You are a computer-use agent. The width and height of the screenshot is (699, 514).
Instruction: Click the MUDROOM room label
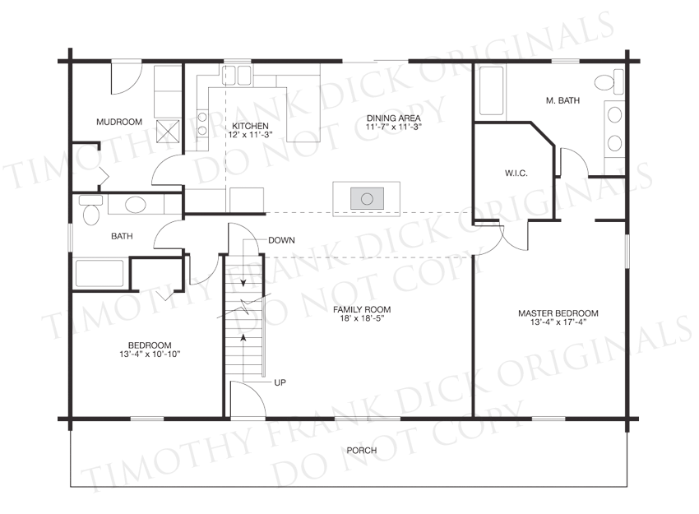[x=119, y=122]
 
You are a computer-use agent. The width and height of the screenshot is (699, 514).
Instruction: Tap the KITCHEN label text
[x=250, y=126]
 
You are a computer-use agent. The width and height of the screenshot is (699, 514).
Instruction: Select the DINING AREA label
[x=394, y=118]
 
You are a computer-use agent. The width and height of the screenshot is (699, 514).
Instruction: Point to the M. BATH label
[x=562, y=101]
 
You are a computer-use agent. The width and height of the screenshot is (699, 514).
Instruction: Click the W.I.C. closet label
[x=516, y=173]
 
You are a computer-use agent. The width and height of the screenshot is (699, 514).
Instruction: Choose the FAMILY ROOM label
[x=362, y=309]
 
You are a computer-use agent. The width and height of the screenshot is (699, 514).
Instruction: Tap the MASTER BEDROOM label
[x=558, y=313]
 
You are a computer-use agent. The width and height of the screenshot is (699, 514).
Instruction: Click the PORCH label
[x=362, y=450]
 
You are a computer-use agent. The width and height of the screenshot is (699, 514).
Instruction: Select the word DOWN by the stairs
[x=281, y=240]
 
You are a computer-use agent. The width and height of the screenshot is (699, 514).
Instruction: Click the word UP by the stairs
[x=280, y=382]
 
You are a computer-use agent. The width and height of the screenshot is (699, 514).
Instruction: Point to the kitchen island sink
[x=367, y=198]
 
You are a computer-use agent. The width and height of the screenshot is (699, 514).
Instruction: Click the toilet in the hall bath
[x=91, y=210]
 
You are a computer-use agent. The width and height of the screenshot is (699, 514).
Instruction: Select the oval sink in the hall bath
[x=136, y=205]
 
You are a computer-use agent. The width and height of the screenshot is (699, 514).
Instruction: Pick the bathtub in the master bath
[x=491, y=90]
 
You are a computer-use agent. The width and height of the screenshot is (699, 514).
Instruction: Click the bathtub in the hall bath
[x=100, y=274]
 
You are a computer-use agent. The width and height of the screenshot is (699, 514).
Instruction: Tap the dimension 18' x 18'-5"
[x=362, y=318]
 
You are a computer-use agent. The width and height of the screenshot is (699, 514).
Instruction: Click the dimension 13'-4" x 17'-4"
[x=558, y=322]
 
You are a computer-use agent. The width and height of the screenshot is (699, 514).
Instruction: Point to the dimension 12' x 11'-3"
[x=250, y=135]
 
